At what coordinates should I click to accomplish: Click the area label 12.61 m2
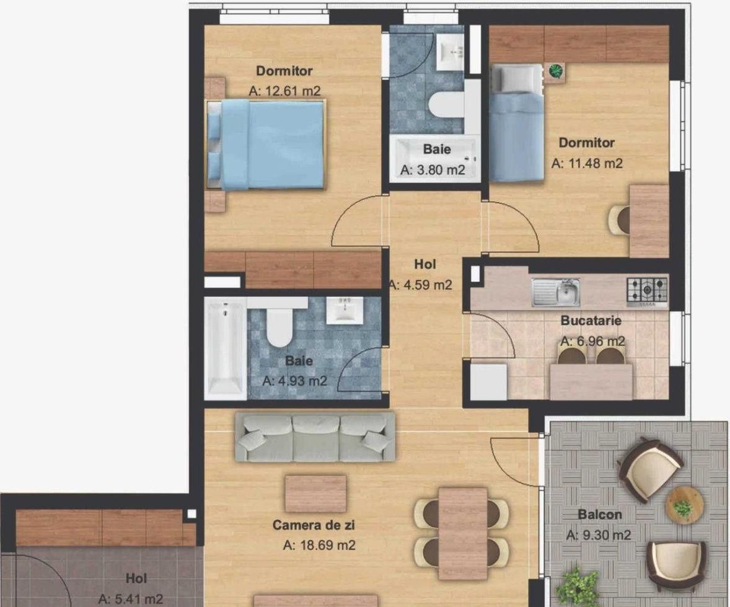click(x=284, y=91)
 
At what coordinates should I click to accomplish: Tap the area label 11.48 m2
click(x=587, y=163)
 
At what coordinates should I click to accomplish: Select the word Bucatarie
click(x=591, y=321)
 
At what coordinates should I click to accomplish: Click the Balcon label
click(x=600, y=515)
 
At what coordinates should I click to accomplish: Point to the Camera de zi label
click(x=314, y=525)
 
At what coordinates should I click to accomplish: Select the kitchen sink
click(x=556, y=293)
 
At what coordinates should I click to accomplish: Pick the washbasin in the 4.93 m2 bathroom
click(x=345, y=310)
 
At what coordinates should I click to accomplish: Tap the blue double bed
click(x=266, y=144)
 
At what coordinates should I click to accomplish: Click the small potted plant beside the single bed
click(x=555, y=71)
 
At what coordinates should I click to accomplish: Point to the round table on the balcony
click(x=684, y=504)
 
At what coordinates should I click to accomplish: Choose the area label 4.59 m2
click(x=421, y=285)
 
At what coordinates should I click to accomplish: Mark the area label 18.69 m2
click(x=319, y=544)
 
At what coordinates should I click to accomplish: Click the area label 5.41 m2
click(x=131, y=598)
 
